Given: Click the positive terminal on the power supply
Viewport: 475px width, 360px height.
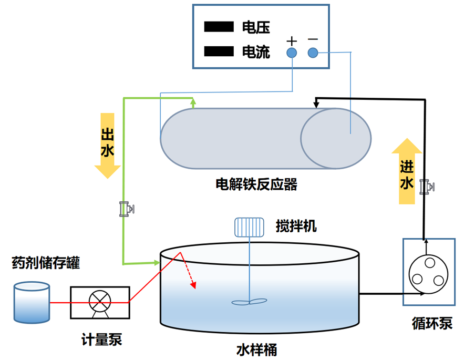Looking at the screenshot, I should pos(292,53).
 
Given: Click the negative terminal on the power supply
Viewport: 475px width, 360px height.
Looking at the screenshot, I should pos(313,53).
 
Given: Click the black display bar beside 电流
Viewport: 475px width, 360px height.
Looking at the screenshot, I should pos(219,51).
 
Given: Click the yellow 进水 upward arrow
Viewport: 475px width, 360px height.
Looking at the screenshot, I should pos(407,171).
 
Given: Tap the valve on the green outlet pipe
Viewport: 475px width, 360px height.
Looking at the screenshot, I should pos(126,209).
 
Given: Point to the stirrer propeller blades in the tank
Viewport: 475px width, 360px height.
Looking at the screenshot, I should pos(249,302).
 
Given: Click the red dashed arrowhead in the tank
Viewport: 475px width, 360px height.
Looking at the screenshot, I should pos(194,285).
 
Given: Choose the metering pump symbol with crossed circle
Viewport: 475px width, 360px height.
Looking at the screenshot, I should pos(100,302).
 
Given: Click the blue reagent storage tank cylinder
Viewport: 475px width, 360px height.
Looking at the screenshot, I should pos(32,302).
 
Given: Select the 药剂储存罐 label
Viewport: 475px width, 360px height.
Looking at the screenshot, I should pos(46,263).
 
